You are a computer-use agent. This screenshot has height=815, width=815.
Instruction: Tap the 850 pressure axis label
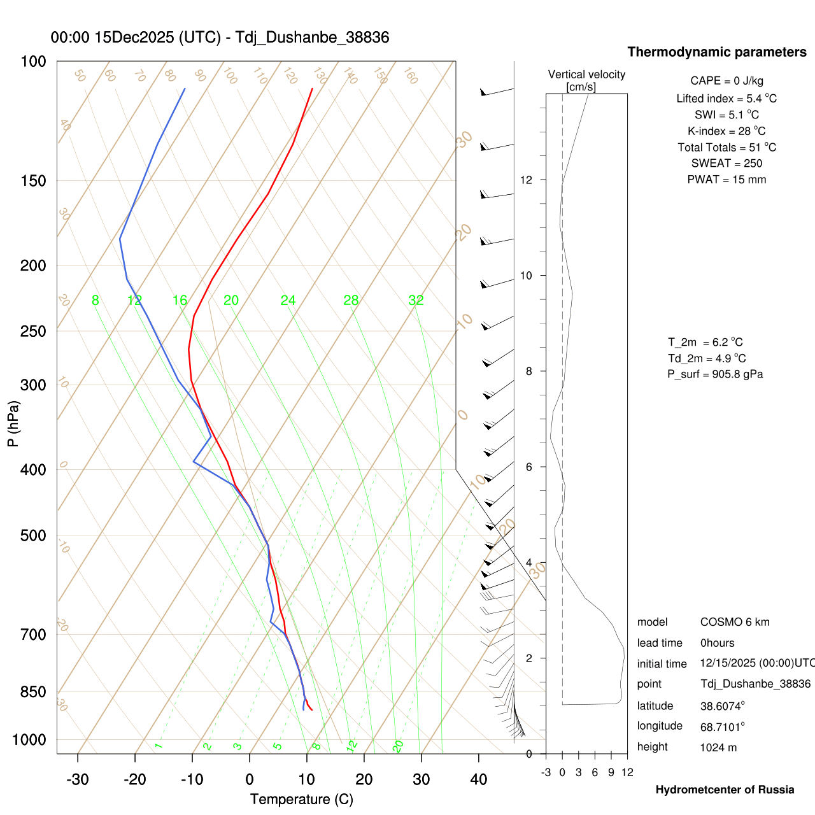(33, 692)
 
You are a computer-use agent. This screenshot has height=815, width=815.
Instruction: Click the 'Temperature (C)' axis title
(301, 800)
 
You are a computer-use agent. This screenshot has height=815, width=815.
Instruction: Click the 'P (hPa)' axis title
(13, 423)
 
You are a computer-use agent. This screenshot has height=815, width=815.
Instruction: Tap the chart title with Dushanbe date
(220, 38)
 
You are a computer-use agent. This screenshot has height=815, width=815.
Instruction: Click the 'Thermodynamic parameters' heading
(717, 52)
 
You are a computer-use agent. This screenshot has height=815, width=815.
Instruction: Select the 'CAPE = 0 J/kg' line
(726, 81)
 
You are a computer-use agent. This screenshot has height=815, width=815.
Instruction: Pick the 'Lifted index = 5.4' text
(726, 99)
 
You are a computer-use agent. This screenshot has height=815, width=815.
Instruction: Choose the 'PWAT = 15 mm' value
(726, 180)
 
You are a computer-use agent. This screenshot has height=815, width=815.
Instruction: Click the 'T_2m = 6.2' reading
(705, 343)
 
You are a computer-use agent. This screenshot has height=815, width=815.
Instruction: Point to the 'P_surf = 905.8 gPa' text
(715, 374)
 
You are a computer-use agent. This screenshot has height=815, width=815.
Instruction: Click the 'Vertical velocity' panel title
(586, 74)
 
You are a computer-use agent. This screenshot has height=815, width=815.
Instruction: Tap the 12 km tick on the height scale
(527, 180)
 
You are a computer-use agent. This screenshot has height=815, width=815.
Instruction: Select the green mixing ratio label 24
(288, 301)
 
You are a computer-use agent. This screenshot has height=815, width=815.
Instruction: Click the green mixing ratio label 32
(416, 301)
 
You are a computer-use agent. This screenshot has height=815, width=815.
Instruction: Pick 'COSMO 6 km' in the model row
(735, 622)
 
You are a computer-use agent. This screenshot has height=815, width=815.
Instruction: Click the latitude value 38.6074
(722, 706)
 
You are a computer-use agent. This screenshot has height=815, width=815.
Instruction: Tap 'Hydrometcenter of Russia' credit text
(725, 790)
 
